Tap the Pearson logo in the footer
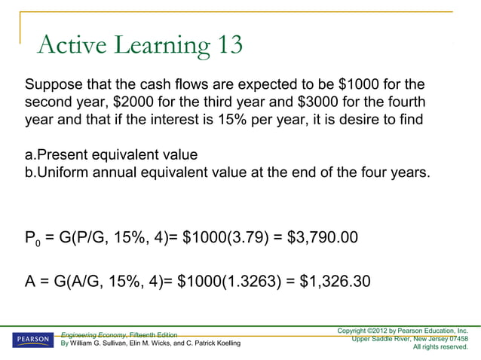[x=32, y=340]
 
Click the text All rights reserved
[x=440, y=347]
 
